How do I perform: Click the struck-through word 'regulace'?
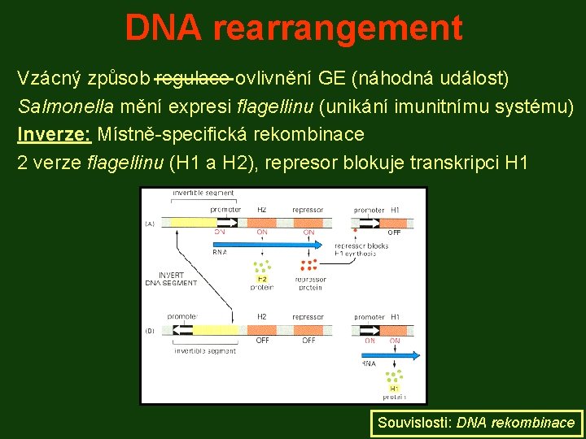[193, 79]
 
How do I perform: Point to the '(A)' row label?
[150, 224]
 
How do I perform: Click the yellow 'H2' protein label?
[262, 279]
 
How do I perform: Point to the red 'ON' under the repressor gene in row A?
[308, 232]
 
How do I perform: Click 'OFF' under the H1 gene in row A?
[394, 233]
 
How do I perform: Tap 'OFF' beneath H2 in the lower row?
[262, 341]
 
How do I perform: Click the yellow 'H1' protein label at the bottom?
[394, 389]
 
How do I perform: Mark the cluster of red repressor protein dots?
[308, 265]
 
